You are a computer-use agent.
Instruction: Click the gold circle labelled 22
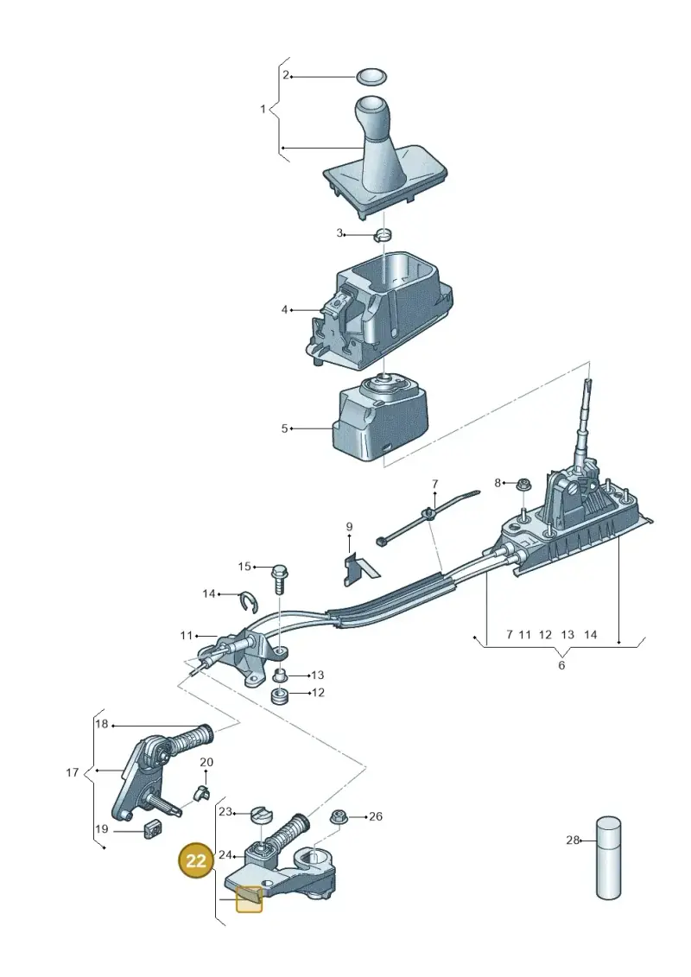(196, 860)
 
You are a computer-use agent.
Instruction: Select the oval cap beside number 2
(371, 77)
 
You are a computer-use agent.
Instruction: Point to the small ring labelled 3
(384, 236)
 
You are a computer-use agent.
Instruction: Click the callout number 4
(285, 309)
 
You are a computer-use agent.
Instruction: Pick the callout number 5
(285, 428)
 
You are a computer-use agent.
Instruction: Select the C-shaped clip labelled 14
(250, 601)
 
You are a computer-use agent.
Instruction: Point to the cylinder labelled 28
(609, 858)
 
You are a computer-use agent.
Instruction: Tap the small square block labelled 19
(151, 829)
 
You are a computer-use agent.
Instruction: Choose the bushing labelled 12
(281, 695)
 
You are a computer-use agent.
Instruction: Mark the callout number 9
(349, 527)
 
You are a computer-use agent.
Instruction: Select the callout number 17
(73, 772)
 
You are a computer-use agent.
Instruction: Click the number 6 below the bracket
(561, 665)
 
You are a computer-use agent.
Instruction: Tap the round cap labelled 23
(261, 814)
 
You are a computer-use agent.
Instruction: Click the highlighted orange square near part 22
(249, 898)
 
